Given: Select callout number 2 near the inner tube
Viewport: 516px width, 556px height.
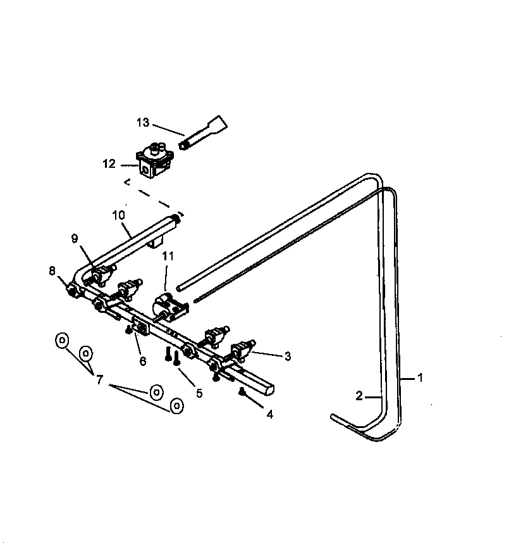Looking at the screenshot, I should [359, 396].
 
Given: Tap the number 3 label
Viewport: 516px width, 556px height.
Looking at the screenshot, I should [288, 357].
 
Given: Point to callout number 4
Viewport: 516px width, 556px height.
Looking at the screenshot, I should [269, 415].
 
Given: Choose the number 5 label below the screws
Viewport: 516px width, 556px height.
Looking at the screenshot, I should [199, 393].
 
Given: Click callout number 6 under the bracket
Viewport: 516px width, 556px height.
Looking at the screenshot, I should [143, 361].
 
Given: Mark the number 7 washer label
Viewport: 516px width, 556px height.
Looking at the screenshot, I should [99, 379].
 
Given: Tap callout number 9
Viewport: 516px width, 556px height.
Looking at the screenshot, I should [75, 239].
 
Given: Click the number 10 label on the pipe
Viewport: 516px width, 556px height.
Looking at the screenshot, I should [120, 215].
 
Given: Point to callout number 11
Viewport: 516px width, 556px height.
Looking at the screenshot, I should [168, 256].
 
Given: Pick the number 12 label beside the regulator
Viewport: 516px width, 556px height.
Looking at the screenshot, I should [109, 164].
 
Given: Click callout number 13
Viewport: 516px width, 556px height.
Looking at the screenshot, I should [144, 123].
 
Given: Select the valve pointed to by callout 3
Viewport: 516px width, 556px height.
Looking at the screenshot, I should [243, 351].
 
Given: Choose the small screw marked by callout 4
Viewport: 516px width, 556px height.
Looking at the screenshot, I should [242, 393].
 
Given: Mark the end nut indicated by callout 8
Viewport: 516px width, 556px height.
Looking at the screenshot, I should [73, 291].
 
